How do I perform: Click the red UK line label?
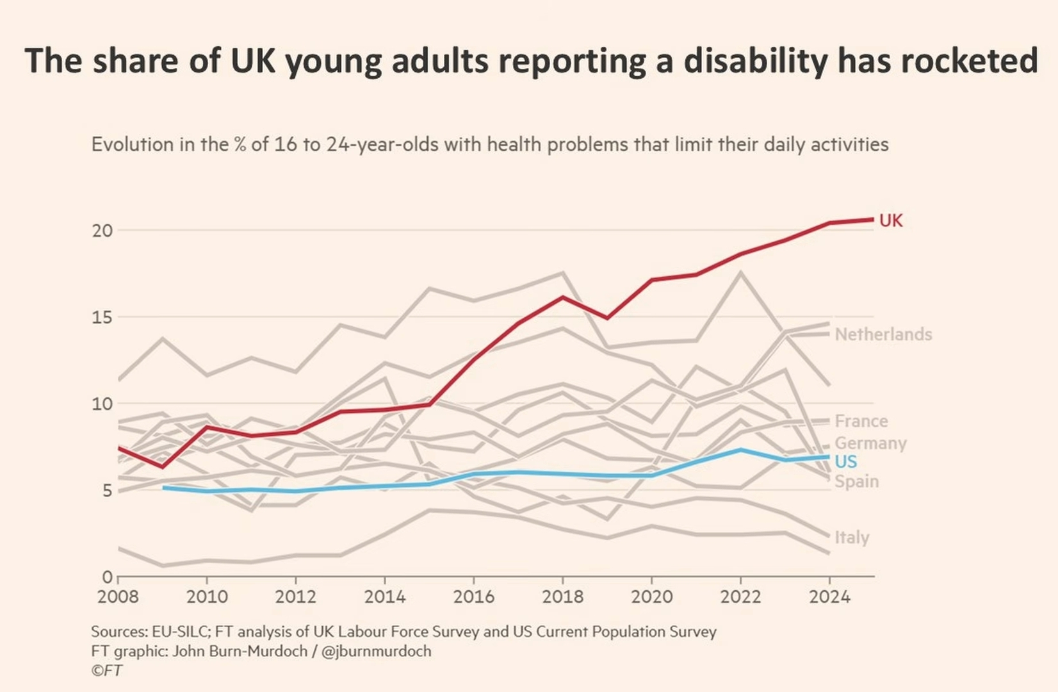coord(890,221)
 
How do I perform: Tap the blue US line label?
coord(845,462)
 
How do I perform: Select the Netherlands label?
coord(883,334)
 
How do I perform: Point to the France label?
coord(861,422)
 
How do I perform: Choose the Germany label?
coord(870,443)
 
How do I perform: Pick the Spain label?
coord(856,482)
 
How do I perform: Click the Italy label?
coord(852,538)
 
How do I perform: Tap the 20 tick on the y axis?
coord(102,231)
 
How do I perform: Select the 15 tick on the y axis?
coord(102,318)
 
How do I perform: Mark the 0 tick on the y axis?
coord(107,577)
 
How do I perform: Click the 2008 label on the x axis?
coord(118,597)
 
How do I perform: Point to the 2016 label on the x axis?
coord(474,597)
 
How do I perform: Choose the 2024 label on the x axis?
coord(829,597)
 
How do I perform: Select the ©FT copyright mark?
coord(106,671)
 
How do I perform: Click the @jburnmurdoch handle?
coord(376,652)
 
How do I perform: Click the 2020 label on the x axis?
coord(652,597)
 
